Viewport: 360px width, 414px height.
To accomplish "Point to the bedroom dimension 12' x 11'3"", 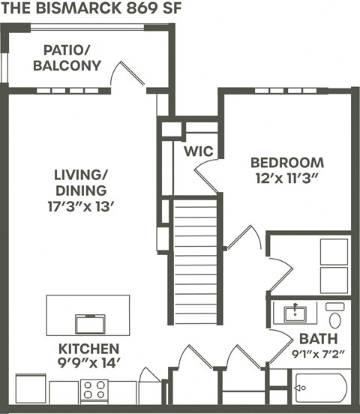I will coord(287,179).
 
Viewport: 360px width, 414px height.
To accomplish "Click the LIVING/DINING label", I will coord(80,182).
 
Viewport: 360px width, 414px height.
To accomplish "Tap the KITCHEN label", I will coord(88,349).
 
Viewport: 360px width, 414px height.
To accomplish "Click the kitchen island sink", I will coord(89,323).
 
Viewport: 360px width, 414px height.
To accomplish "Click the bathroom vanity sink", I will coord(297,311).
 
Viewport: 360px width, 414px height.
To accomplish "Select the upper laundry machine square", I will coord(334,251).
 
